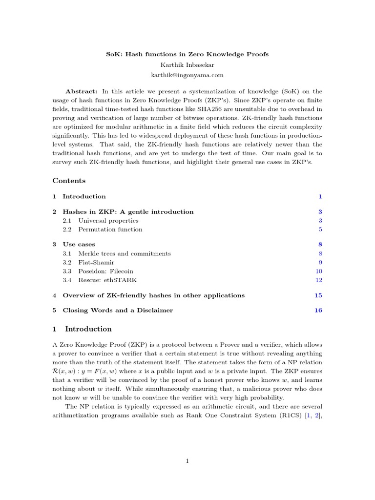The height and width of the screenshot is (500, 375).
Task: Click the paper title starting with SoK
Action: pyautogui.click(x=187, y=54)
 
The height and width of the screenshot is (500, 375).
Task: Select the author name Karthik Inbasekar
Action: pyautogui.click(x=187, y=64)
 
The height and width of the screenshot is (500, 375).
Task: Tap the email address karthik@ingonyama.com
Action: pyautogui.click(x=187, y=75)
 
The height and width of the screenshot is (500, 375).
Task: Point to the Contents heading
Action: pyautogui.click(x=69, y=181)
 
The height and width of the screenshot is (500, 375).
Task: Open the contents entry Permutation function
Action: pyautogui.click(x=110, y=229)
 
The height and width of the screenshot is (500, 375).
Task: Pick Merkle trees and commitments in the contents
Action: pyautogui.click(x=125, y=253)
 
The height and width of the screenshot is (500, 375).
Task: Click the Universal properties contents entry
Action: pyautogui.click(x=108, y=221)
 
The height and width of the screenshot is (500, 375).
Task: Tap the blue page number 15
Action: pyautogui.click(x=318, y=295)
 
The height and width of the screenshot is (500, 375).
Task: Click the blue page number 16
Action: pyautogui.click(x=318, y=311)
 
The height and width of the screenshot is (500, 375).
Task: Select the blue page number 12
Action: pyautogui.click(x=319, y=280)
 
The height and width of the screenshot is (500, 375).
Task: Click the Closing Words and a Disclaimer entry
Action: pyautogui.click(x=118, y=311)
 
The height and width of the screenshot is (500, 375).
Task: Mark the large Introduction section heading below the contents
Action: pyautogui.click(x=88, y=329)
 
